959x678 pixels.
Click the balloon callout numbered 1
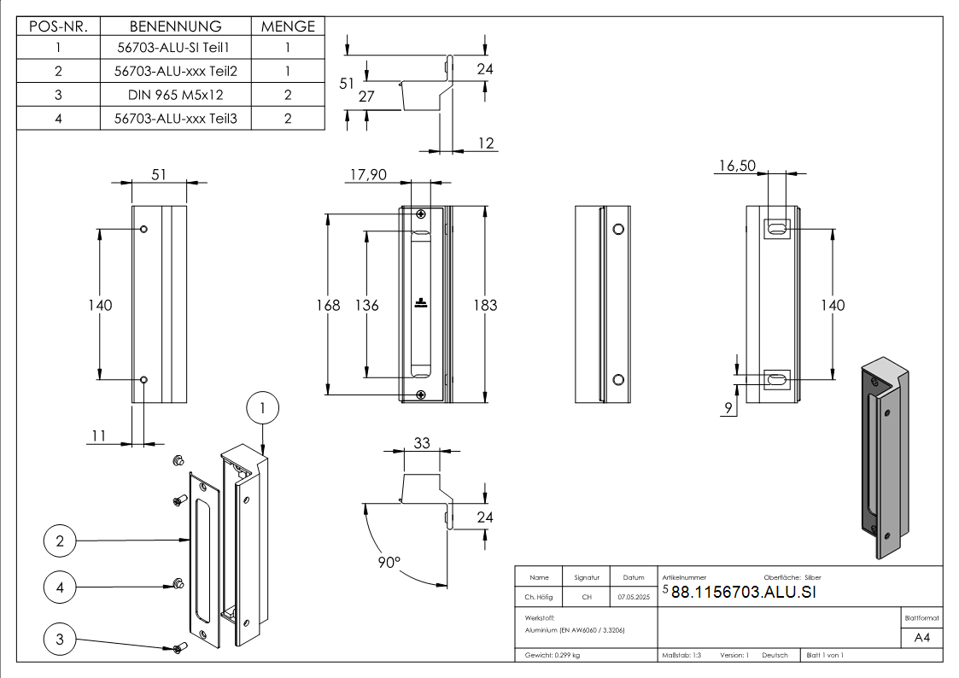[x=263, y=409]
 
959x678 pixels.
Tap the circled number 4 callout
[x=60, y=587]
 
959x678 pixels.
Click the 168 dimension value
[x=328, y=305]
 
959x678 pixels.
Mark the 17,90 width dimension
[x=368, y=174]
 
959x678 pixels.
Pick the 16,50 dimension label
[x=736, y=166]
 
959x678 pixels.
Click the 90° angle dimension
[x=389, y=564]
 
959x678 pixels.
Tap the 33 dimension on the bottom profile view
[x=422, y=442]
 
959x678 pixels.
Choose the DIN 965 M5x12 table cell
[x=175, y=95]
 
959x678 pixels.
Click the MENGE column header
[x=288, y=26]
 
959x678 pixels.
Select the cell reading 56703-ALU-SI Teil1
[x=175, y=49]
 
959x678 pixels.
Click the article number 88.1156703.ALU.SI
[x=743, y=593]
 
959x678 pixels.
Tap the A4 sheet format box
[x=922, y=638]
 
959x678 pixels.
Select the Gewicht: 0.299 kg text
[x=553, y=655]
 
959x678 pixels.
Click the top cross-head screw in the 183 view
[x=420, y=213]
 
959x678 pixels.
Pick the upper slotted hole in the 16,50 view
[x=776, y=229]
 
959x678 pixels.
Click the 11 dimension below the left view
[x=99, y=435]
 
